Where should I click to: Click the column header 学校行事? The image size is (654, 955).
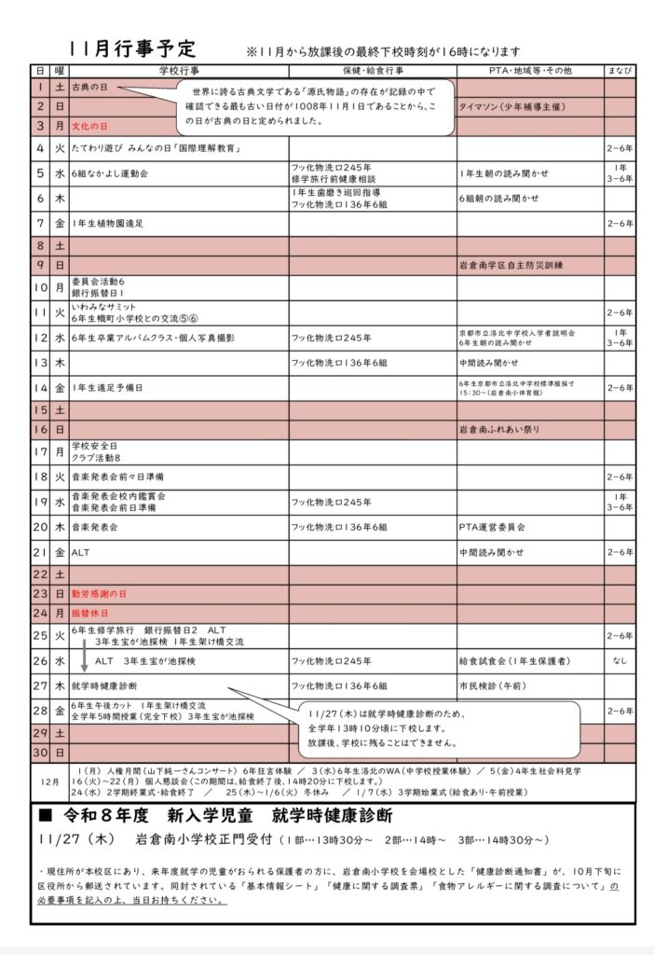click(177, 71)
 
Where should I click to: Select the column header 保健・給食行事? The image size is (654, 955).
click(372, 71)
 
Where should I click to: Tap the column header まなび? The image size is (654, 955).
click(620, 71)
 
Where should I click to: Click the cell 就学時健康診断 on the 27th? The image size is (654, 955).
click(104, 685)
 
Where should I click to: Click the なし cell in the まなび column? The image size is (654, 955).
click(620, 661)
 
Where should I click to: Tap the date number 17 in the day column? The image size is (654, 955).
click(41, 452)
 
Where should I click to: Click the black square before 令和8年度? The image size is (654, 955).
click(45, 815)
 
